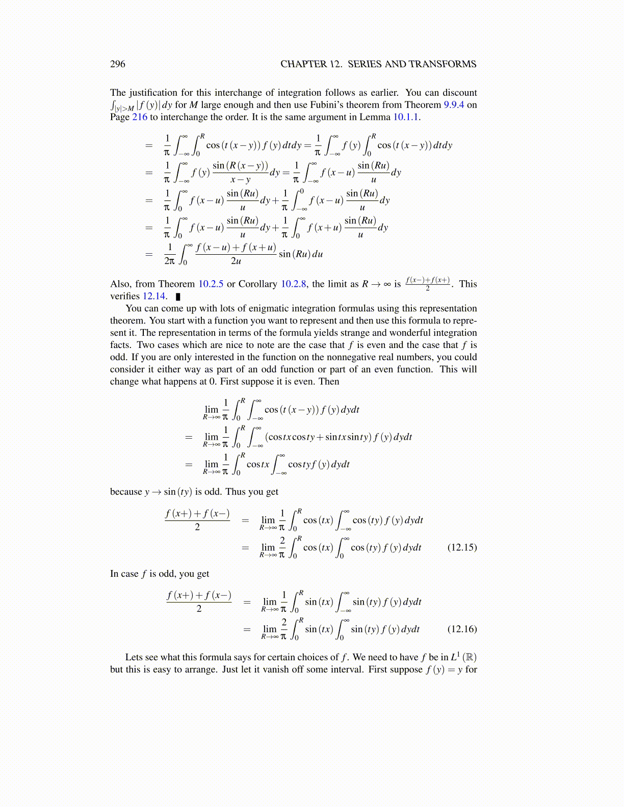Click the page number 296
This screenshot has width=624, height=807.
point(117,64)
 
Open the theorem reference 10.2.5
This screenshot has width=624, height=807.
point(211,284)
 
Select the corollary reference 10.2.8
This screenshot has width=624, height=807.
point(294,284)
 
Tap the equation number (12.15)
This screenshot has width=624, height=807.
point(462,547)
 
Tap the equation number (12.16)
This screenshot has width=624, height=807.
point(462,629)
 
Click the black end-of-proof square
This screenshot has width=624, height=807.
point(178,297)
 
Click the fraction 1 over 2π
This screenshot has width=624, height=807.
point(169,254)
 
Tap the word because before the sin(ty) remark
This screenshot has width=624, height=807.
point(126,492)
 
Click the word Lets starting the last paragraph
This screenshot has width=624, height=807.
point(134,657)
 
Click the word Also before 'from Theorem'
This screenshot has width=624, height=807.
point(120,284)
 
